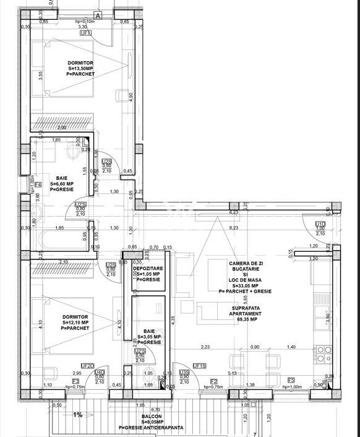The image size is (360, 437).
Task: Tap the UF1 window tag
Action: [86, 33]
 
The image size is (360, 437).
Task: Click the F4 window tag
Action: [38, 184]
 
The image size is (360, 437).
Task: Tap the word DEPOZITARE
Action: [148, 267]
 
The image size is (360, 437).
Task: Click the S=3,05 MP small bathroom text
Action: [148, 337]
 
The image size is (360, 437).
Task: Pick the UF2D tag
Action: [87, 366]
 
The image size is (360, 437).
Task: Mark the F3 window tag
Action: [75, 381]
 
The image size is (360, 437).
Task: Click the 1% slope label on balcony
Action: [77, 415]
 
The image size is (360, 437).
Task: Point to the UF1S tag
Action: [199, 366]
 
